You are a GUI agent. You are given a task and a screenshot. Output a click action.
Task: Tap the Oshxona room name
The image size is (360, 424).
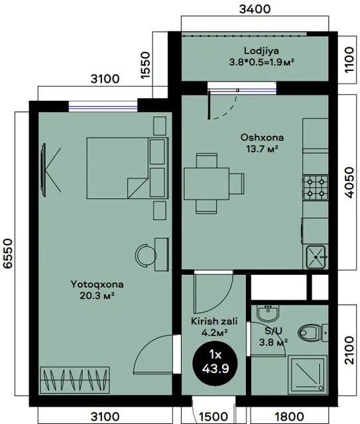(262, 137)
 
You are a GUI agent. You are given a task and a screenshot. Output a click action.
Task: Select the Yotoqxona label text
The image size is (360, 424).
(97, 284)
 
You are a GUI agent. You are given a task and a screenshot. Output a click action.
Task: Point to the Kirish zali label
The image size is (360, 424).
(214, 321)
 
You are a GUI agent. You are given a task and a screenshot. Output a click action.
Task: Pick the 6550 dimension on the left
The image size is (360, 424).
(8, 253)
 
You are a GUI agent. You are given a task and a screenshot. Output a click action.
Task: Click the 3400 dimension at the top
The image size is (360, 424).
(255, 9)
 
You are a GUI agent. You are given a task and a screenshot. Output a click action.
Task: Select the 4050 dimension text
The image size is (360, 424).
(349, 183)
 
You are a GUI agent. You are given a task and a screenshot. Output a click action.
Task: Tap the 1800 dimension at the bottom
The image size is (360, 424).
(289, 417)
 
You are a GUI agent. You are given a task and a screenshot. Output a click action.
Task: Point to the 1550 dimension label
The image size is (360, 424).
(145, 65)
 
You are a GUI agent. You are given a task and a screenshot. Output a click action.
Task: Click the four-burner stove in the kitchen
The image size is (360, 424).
(316, 187)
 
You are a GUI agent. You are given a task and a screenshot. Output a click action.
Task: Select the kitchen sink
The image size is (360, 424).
(316, 257)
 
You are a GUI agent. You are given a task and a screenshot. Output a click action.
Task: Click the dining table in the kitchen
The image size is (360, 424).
(207, 184)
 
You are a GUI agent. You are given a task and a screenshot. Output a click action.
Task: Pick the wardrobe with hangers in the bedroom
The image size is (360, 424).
(75, 380)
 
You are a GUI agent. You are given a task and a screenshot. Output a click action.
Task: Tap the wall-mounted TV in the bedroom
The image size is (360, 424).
(43, 170)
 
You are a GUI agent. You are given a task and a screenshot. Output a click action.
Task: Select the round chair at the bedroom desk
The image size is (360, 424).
(145, 256)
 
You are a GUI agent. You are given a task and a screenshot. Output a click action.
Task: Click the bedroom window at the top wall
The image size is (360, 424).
(103, 109)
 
